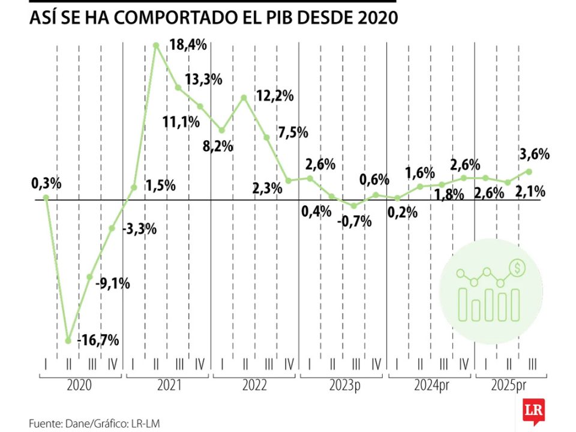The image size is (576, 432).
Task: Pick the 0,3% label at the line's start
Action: [46, 184]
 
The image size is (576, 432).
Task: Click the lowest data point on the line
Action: [68, 340]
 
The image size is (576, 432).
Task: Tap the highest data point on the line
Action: [156, 45]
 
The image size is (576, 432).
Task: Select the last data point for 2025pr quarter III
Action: [529, 171]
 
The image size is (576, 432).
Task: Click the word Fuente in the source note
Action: [45, 423]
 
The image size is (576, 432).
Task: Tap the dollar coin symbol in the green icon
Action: [515, 267]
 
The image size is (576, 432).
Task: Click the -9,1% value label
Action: [113, 283]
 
